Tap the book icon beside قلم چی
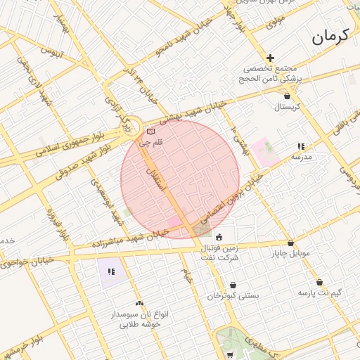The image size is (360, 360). tap(150, 131)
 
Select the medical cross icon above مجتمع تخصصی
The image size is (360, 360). tap(270, 58)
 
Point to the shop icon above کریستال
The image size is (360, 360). tap(287, 96)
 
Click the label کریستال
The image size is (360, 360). tap(287, 107)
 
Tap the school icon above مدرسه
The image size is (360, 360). tap(301, 146)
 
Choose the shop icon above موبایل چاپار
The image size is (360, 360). tap(291, 243)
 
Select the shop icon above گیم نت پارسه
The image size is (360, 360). tap(320, 282)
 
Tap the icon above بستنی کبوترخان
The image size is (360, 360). tap(233, 285)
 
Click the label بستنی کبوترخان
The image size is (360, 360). tap(233, 296)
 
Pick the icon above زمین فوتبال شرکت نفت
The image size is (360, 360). tap(219, 237)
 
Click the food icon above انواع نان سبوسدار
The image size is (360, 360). tap(139, 302)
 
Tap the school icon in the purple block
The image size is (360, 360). tap(111, 271)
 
